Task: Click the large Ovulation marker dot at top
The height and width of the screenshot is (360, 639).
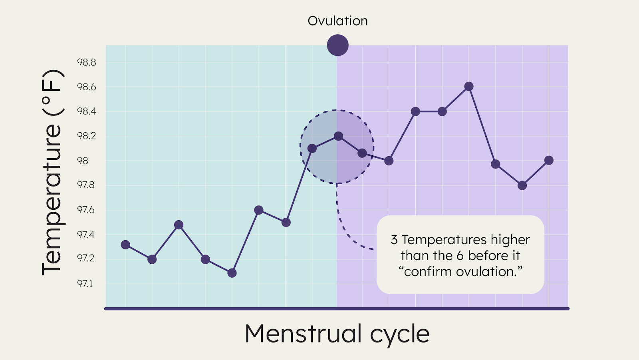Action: (337, 45)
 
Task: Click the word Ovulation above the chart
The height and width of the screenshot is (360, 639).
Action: (337, 21)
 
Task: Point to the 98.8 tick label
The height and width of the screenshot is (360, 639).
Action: (87, 62)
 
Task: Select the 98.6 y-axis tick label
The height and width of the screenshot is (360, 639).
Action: (87, 87)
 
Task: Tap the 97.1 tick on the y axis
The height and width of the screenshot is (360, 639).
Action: (85, 284)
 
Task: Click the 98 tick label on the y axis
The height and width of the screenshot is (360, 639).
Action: (83, 161)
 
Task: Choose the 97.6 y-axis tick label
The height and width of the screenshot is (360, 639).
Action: (86, 210)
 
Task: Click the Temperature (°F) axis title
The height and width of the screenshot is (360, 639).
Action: (52, 172)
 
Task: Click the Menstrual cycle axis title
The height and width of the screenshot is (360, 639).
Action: (337, 334)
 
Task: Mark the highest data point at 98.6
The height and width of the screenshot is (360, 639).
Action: (469, 86)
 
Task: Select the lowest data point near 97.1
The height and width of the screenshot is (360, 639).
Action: (232, 273)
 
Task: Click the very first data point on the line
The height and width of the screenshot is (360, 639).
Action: (125, 245)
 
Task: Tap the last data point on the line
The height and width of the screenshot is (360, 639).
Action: (549, 160)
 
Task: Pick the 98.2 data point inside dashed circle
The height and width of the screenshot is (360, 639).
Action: (338, 136)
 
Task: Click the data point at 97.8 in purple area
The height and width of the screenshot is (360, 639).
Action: (522, 185)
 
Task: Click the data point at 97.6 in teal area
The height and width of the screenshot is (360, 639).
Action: (259, 210)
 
